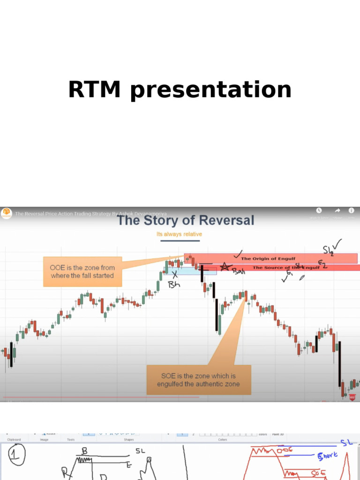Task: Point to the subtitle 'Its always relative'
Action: (x=180, y=234)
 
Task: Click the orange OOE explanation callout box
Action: (x=82, y=271)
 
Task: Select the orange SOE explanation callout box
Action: (x=199, y=380)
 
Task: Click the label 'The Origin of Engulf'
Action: (x=268, y=258)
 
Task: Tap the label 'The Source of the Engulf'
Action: (x=286, y=267)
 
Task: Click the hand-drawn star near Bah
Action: (x=225, y=267)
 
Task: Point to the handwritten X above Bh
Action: (x=174, y=274)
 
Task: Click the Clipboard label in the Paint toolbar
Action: (x=14, y=440)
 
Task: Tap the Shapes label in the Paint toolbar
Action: (x=129, y=440)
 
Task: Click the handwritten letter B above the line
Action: (x=85, y=450)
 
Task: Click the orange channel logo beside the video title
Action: (x=7, y=213)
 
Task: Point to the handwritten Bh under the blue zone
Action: (x=174, y=285)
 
